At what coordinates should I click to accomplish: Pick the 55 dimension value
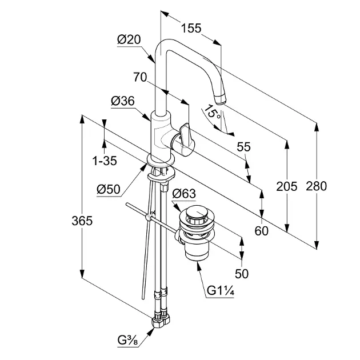pyautogui.click(x=243, y=147)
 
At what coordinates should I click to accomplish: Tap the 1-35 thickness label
pyautogui.click(x=105, y=161)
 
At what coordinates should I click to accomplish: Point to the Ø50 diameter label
pyautogui.click(x=109, y=189)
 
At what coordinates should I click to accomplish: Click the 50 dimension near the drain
pyautogui.click(x=242, y=274)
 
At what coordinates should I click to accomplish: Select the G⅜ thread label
pyautogui.click(x=127, y=341)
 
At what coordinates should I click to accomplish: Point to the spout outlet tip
pyautogui.click(x=221, y=101)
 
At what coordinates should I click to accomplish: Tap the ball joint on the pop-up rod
pyautogui.click(x=150, y=217)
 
